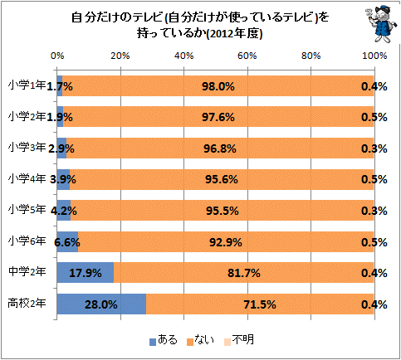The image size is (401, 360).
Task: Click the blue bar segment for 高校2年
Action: point(101,304)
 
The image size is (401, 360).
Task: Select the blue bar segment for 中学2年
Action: point(86,273)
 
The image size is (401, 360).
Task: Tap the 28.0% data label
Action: point(101,304)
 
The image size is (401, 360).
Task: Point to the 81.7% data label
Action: point(244,273)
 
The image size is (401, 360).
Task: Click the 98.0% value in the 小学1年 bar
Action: point(218,86)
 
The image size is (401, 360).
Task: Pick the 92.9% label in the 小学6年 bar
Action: point(226,242)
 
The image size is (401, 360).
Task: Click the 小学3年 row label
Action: point(27,148)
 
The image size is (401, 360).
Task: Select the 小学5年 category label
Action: point(27,210)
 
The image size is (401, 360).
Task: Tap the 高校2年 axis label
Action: point(27,304)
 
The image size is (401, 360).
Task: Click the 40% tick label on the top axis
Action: point(184,56)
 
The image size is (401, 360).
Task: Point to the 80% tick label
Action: point(311,56)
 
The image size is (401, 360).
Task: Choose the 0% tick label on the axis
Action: point(57,56)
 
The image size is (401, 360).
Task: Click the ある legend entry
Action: point(164,340)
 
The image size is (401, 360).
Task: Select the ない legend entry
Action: point(200,340)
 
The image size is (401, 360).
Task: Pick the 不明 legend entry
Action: point(238,340)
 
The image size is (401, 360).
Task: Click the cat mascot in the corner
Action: point(379,24)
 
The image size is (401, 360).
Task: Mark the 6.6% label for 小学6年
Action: point(67,242)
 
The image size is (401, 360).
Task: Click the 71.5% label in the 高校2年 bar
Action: point(260,304)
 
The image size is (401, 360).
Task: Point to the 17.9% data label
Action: point(86,273)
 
